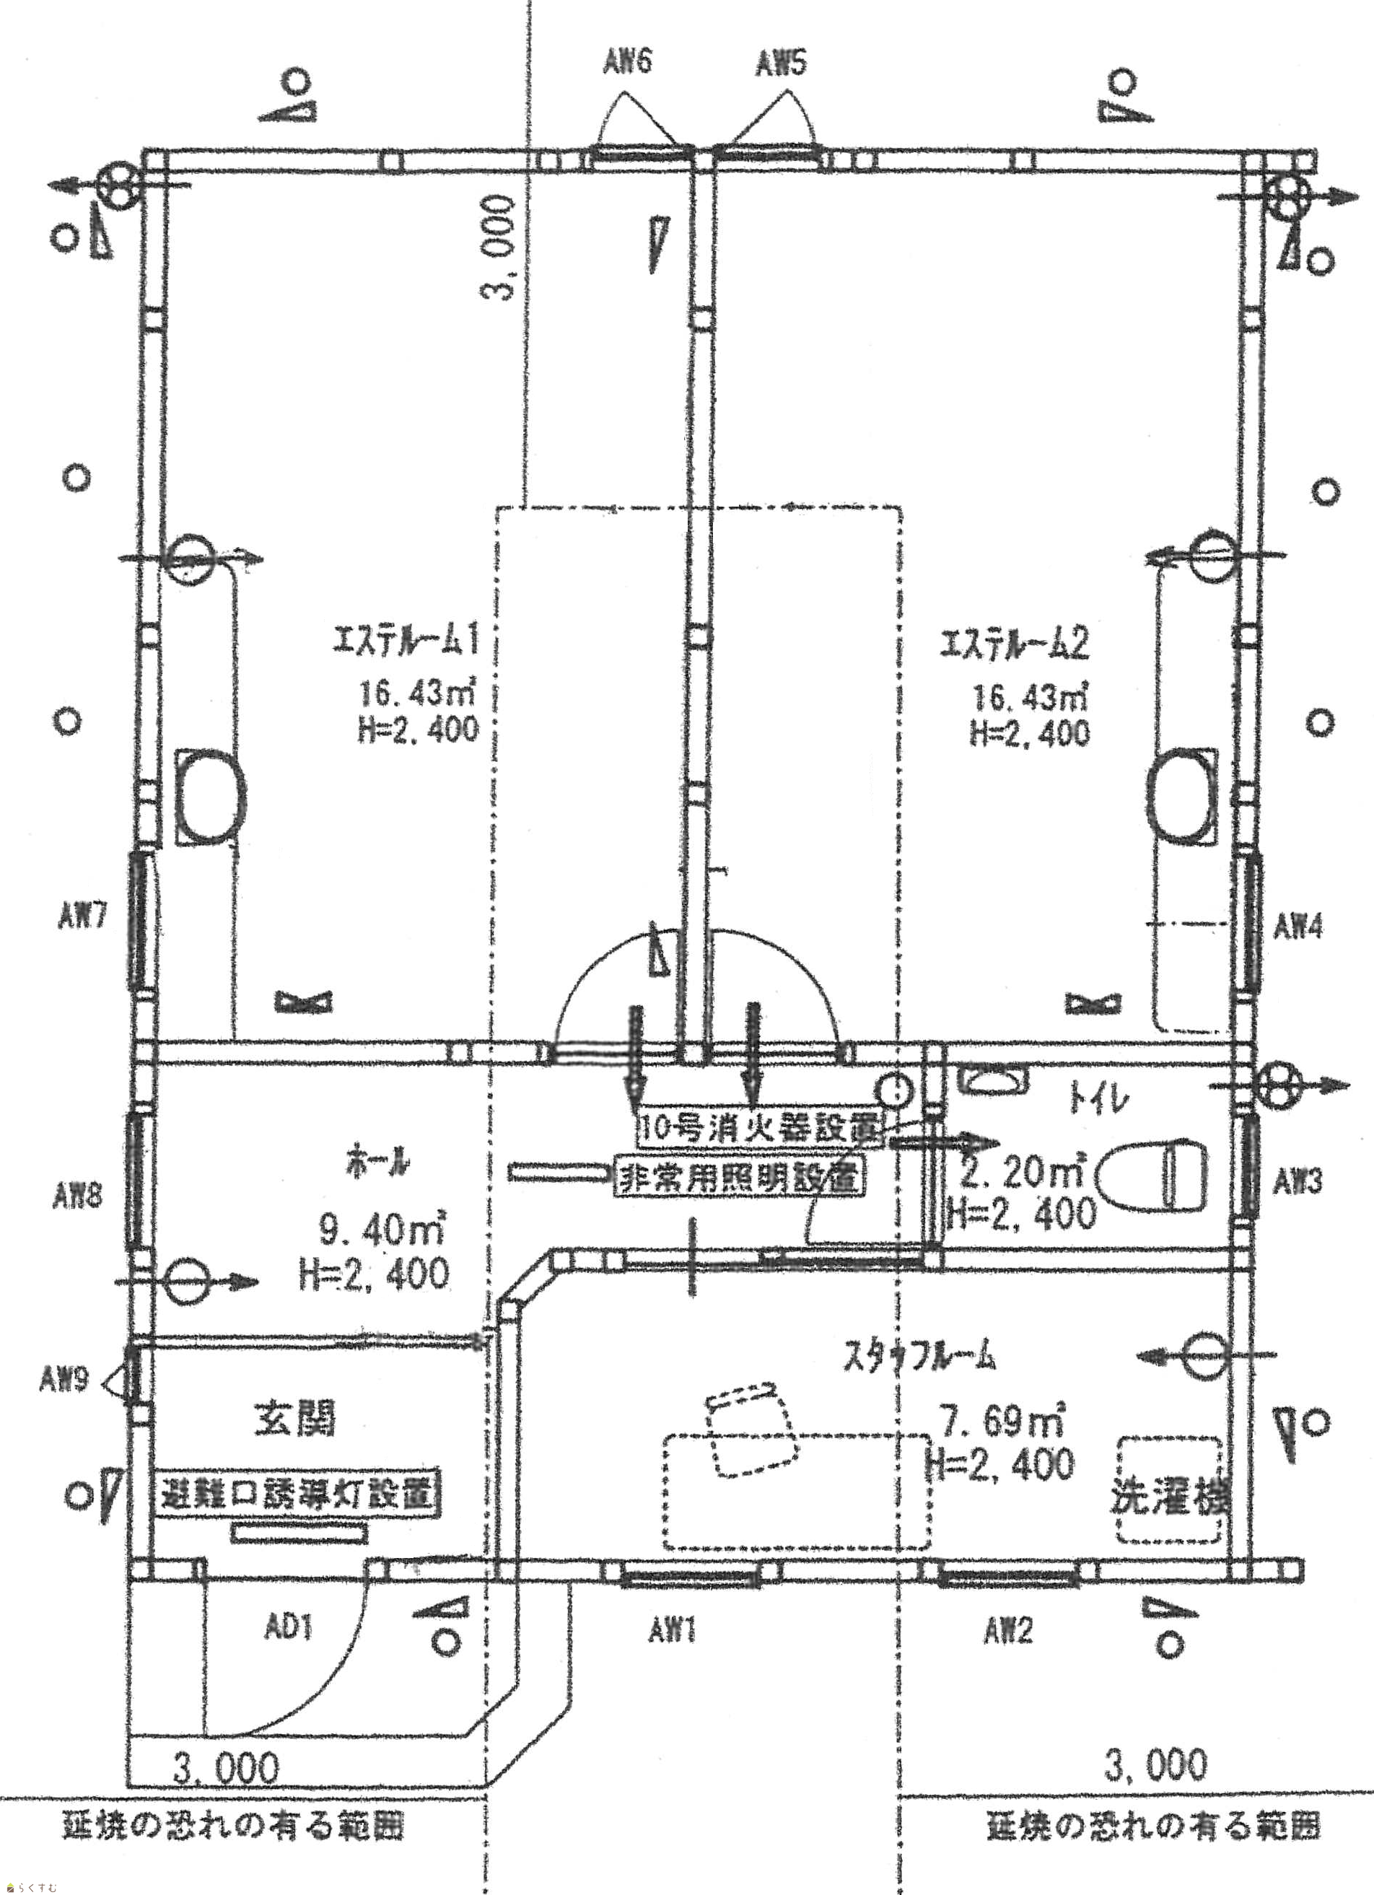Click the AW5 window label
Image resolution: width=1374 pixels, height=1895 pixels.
tap(781, 64)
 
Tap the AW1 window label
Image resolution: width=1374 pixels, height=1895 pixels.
tap(672, 1630)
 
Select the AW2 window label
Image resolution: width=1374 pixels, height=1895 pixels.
tap(1008, 1629)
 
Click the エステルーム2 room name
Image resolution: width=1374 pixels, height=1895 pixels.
tap(1015, 645)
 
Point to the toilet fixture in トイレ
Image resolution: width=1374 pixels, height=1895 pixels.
tap(1153, 1176)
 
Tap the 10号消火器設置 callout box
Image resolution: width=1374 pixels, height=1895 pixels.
tap(759, 1129)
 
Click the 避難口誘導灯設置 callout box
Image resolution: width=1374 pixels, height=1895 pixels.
tap(298, 1494)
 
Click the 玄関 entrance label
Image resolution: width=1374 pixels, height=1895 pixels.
tap(294, 1419)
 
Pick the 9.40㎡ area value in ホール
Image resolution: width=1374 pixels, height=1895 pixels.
tap(381, 1229)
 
